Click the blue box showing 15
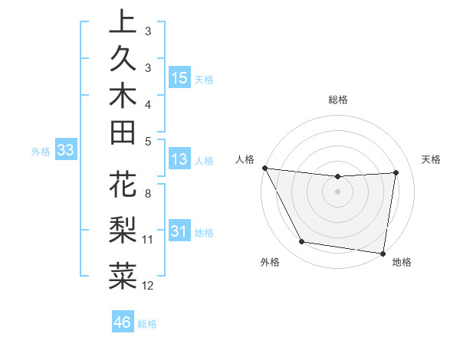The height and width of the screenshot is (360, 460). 179,78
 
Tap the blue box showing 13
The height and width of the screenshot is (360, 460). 179,159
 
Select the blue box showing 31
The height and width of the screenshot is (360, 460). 179,231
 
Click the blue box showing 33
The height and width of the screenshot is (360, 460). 65,150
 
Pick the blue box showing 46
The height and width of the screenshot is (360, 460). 123,322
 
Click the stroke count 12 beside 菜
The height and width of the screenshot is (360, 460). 148,286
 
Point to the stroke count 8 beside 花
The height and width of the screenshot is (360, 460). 148,195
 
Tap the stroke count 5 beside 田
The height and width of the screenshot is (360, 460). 148,141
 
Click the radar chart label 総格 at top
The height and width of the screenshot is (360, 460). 337,100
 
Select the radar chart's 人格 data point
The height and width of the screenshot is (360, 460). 264,168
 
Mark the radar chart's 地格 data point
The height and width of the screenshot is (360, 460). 383,253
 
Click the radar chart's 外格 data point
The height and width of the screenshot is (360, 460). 302,243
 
